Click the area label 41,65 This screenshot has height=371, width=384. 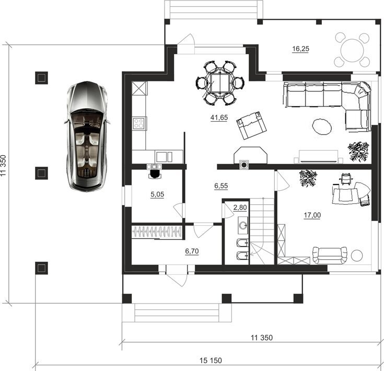[x=219, y=118]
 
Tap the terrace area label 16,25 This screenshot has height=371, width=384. [x=301, y=49]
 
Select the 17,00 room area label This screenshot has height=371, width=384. [x=312, y=215]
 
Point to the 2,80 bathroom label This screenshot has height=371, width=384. [x=240, y=207]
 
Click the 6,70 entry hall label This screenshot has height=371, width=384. [x=192, y=251]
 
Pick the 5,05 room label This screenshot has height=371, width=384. [x=157, y=194]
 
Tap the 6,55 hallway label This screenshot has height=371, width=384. [x=221, y=186]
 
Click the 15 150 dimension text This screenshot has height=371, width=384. [x=211, y=361]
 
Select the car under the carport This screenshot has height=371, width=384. [x=87, y=136]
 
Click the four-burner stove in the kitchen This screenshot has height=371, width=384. [x=138, y=123]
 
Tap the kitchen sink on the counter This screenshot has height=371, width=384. [x=164, y=157]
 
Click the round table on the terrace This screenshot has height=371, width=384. [x=352, y=51]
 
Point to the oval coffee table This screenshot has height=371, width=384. [x=322, y=126]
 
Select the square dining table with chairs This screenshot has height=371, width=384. [x=220, y=83]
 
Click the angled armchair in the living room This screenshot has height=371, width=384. [x=251, y=125]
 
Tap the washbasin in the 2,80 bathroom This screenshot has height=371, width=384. [x=243, y=225]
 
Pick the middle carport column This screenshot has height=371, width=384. [x=41, y=173]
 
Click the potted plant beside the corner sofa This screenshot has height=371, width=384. [x=358, y=151]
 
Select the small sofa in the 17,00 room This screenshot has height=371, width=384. [x=330, y=256]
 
